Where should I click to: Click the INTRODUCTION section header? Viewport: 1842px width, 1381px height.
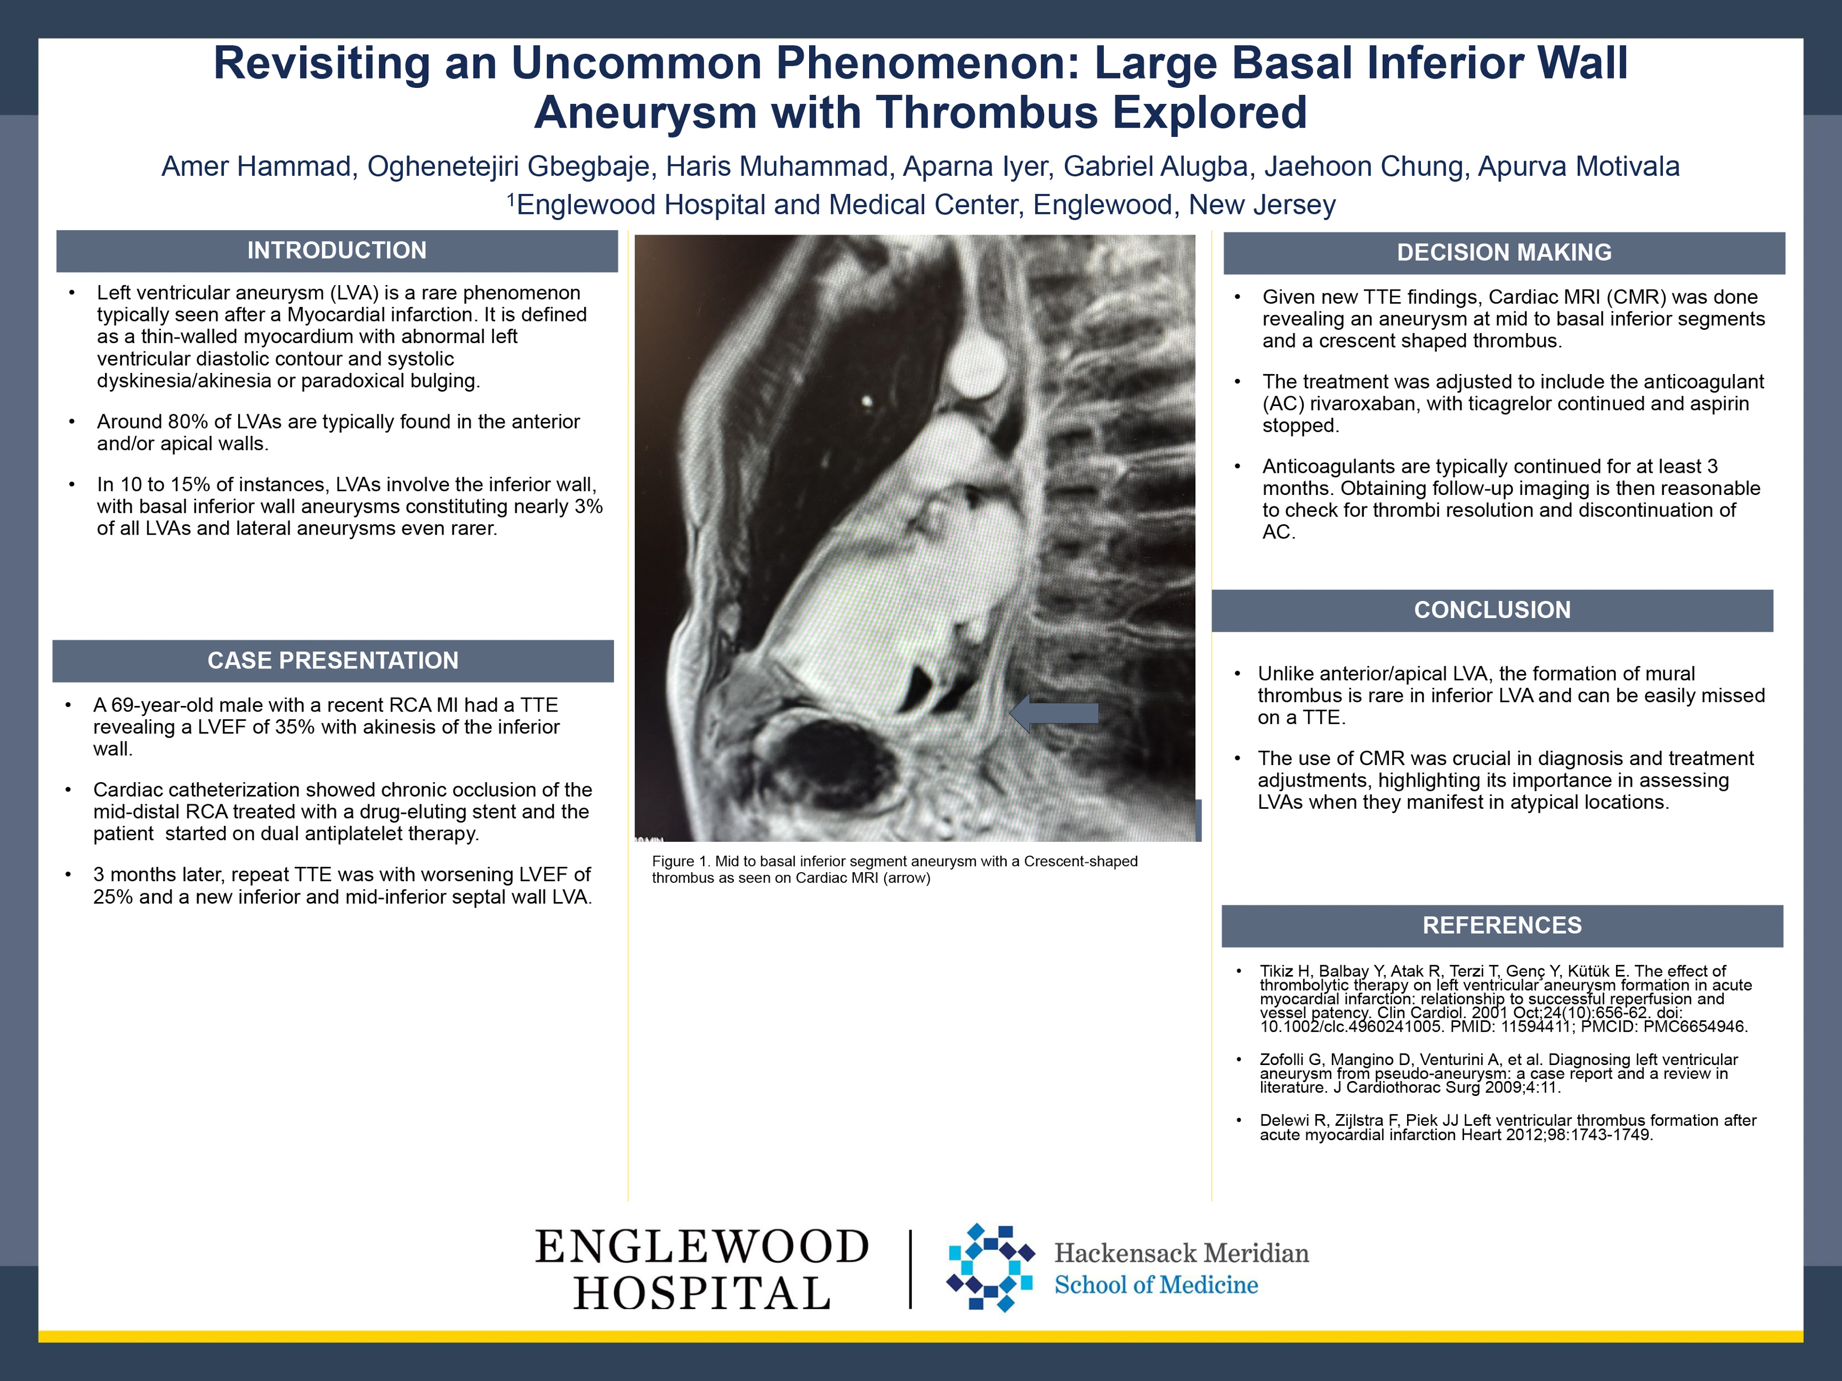point(337,251)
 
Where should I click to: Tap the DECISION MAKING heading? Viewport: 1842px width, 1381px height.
point(1504,253)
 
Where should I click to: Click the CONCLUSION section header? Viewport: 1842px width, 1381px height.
point(1492,610)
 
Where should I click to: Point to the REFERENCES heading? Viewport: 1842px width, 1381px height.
point(1502,926)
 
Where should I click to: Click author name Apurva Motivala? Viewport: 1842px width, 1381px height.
point(1579,166)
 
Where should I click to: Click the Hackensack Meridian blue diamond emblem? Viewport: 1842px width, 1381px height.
point(991,1268)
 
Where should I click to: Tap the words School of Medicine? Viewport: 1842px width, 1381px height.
point(1156,1285)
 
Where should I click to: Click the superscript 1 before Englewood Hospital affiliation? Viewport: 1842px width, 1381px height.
point(511,200)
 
